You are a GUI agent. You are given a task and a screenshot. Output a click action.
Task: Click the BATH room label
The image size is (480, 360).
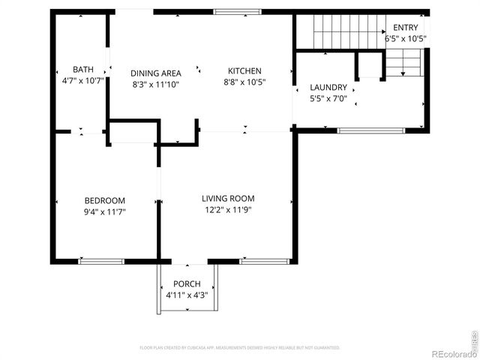coord(82,69)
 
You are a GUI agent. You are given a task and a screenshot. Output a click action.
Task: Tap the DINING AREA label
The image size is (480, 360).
coord(156,73)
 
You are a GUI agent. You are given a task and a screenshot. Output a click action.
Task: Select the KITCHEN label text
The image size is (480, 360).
coord(244,71)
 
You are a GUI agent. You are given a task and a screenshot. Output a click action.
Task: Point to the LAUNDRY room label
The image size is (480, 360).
coord(328,88)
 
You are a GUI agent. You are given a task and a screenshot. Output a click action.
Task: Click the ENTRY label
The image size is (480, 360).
coord(406,28)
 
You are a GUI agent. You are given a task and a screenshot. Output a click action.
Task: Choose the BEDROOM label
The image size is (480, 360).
coord(104,200)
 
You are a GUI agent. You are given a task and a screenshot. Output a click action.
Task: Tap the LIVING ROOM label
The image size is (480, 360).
coord(226,199)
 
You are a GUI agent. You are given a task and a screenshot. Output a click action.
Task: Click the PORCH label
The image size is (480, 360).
coord(187,284)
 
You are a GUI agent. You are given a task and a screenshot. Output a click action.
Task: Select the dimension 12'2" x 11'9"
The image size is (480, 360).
coord(226,210)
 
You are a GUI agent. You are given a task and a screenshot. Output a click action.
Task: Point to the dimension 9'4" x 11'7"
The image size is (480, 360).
coord(104,211)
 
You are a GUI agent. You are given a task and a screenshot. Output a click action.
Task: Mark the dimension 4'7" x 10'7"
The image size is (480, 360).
coord(82,80)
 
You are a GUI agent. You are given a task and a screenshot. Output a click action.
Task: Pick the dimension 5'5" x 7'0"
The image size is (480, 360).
coord(328,98)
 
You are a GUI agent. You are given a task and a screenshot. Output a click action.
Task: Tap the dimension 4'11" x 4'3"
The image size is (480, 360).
coord(187,295)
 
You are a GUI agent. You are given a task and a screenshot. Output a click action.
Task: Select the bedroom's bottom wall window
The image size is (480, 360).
coord(101,261)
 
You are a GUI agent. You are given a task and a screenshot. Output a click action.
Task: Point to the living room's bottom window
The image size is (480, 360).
coord(265,261)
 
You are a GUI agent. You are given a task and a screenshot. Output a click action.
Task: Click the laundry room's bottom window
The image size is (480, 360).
coord(360,131)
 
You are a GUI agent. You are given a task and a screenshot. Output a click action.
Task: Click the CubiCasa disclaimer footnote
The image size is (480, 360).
coord(240,348)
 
